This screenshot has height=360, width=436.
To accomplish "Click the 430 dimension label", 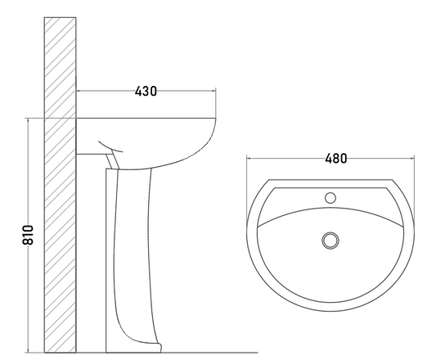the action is tap(146, 92).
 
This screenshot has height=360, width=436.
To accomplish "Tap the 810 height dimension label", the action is tap(28, 235).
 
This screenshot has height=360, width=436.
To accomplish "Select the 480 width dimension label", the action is tap(336, 159).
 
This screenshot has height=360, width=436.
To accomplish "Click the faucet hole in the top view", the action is tap(330, 198).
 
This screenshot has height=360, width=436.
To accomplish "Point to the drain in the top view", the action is tap(330, 241).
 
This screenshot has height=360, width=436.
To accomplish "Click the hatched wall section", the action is tap(60, 185).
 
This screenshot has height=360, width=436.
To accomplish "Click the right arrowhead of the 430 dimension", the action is tap(214, 91).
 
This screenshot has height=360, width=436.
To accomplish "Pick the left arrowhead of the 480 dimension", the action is tap(249, 159).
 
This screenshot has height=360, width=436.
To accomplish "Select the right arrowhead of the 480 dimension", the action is tap(411, 159).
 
